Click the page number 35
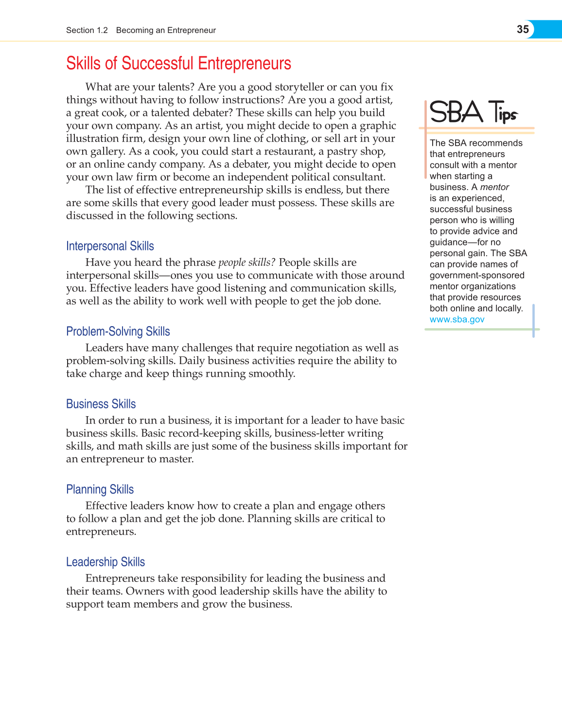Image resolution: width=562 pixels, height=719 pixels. pyautogui.click(x=523, y=29)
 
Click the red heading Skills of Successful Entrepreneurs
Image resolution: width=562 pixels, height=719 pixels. pyautogui.click(x=178, y=64)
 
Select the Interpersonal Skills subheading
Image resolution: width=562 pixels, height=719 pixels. pyautogui.click(x=110, y=246)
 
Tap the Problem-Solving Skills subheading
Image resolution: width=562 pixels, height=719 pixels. pyautogui.click(x=118, y=332)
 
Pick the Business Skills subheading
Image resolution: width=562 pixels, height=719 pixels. pyautogui.click(x=101, y=404)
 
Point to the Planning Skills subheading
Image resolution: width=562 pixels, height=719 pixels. pyautogui.click(x=100, y=490)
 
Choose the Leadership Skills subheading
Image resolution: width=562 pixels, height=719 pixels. pyautogui.click(x=105, y=562)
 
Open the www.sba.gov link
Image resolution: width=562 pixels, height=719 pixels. pyautogui.click(x=457, y=319)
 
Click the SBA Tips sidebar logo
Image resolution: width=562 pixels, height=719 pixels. pyautogui.click(x=474, y=112)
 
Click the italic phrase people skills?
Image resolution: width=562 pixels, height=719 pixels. pyautogui.click(x=246, y=263)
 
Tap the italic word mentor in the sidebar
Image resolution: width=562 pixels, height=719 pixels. pyautogui.click(x=494, y=187)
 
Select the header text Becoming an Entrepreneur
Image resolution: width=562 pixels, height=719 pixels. pyautogui.click(x=166, y=30)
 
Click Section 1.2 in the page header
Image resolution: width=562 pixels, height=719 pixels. pyautogui.click(x=87, y=30)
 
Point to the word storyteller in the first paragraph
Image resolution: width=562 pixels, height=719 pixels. pyautogui.click(x=299, y=87)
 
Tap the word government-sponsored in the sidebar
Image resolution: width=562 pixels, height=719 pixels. pyautogui.click(x=477, y=275)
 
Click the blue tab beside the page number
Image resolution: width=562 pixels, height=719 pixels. pyautogui.click(x=548, y=29)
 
